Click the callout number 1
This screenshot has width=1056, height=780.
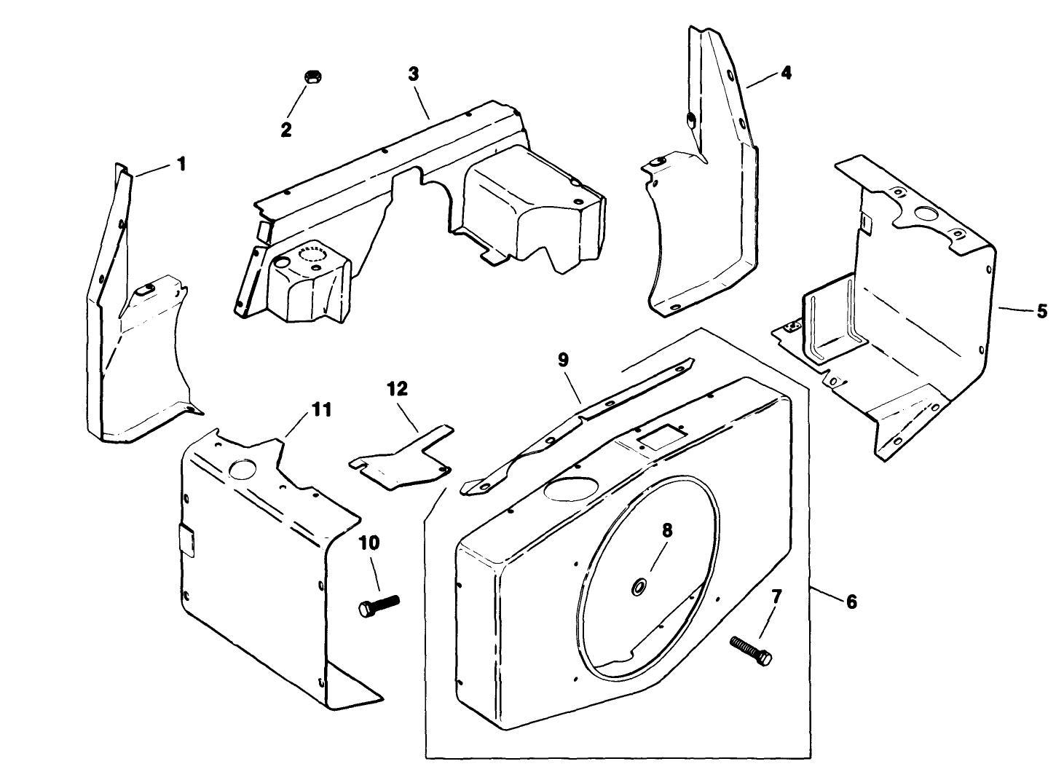click(x=181, y=164)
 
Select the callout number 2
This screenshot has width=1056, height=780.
click(x=286, y=130)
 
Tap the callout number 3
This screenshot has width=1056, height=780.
click(x=414, y=74)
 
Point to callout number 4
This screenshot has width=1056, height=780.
click(x=786, y=73)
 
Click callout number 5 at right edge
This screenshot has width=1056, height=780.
click(x=1041, y=312)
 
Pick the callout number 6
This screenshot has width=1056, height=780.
click(x=851, y=602)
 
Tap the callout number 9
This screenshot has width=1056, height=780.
click(x=563, y=360)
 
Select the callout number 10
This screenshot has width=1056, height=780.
click(x=369, y=543)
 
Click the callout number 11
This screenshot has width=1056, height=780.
click(x=321, y=411)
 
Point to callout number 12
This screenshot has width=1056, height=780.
click(x=398, y=389)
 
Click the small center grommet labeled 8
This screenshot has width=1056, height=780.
click(x=640, y=586)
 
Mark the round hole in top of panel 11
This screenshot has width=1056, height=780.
click(x=241, y=468)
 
